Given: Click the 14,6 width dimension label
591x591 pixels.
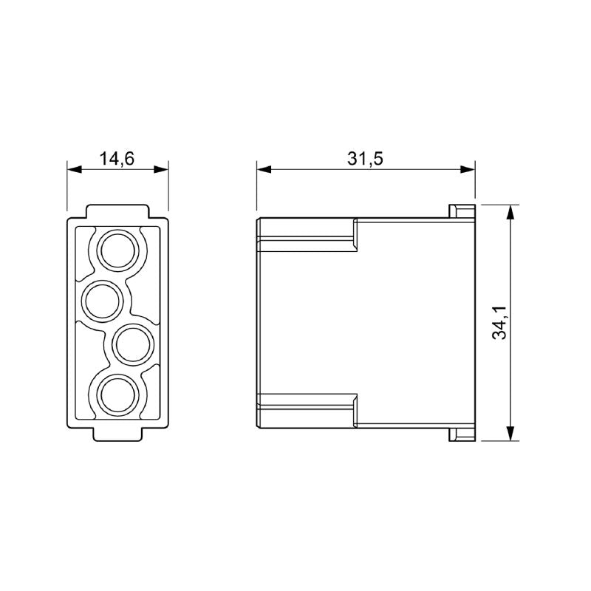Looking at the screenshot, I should pos(117,157).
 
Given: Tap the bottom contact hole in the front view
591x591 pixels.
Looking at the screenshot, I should pos(118,394).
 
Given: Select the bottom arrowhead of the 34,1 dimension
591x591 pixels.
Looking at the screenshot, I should pos(510,435).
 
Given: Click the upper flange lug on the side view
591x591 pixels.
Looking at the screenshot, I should pos(460,211).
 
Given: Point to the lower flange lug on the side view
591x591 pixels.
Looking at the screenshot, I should pos(460,434).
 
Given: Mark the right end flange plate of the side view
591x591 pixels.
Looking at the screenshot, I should pos(474,323).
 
